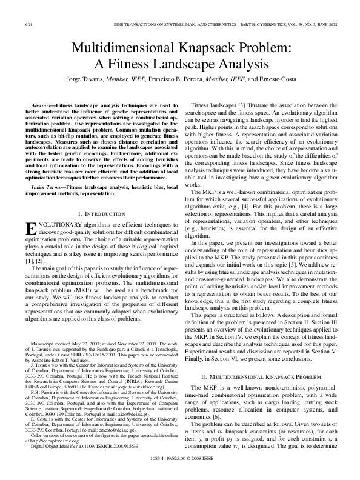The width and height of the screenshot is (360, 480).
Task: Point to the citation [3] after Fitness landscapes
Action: click(241, 105)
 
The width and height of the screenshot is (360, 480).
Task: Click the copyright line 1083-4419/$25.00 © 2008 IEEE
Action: click(180, 468)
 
